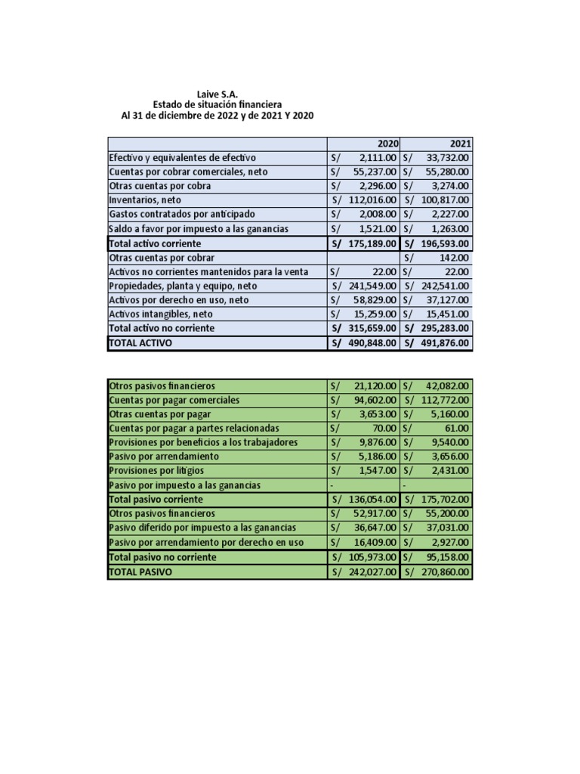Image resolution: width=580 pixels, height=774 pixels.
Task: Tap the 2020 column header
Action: tap(387, 144)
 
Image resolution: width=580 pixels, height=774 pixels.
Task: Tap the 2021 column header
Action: tap(460, 144)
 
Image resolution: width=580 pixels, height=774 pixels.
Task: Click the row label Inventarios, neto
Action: tap(145, 200)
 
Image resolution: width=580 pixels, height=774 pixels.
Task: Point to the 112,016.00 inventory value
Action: tap(372, 200)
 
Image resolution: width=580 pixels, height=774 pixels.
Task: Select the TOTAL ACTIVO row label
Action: tap(140, 343)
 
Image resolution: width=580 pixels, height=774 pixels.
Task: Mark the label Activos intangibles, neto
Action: tap(161, 314)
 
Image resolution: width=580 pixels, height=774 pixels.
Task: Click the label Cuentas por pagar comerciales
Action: tap(174, 400)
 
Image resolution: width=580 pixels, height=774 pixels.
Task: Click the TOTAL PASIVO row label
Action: tap(140, 572)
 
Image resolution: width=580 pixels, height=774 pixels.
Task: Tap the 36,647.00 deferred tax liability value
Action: tap(375, 528)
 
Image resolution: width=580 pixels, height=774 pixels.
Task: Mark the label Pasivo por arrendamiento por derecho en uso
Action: tap(206, 543)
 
